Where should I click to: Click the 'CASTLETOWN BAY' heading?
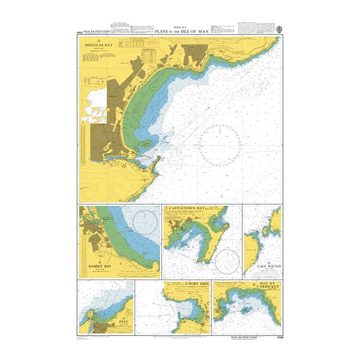(185, 208)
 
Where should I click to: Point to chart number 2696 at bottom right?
(276, 338)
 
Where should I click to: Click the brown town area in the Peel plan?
(104, 328)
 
